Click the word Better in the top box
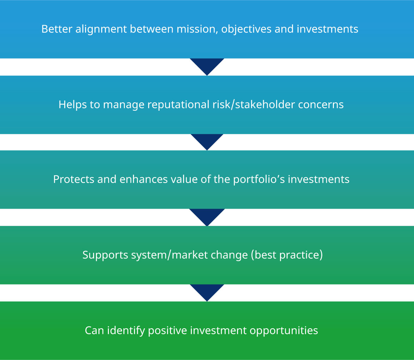tap(57, 29)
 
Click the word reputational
tap(178, 105)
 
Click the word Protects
tap(74, 179)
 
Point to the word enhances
tap(144, 179)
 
